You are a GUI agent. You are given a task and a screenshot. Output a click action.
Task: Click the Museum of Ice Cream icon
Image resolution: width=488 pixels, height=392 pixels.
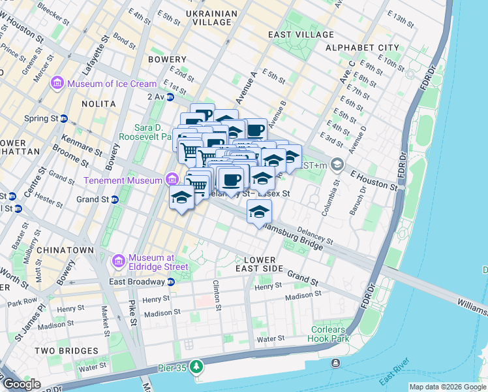point(57,84)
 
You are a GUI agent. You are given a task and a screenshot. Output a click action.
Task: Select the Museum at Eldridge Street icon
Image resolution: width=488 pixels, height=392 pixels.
point(119,261)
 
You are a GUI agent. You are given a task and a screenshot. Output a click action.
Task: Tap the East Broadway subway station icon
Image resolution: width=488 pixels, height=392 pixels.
point(170,282)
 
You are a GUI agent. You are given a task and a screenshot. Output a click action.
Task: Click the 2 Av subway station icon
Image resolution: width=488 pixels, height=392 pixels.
point(170,97)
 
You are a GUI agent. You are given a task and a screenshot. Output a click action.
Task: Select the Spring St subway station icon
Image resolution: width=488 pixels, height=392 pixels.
point(64,118)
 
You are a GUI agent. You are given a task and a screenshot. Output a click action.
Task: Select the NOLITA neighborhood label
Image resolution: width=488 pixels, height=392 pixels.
point(99,104)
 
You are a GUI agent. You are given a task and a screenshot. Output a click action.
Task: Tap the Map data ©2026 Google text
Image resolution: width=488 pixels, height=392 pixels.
point(448,387)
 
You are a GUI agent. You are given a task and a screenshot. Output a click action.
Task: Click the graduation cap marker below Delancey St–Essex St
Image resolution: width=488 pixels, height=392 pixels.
point(259,213)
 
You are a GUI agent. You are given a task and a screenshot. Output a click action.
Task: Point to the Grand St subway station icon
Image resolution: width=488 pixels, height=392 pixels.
point(114,199)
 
